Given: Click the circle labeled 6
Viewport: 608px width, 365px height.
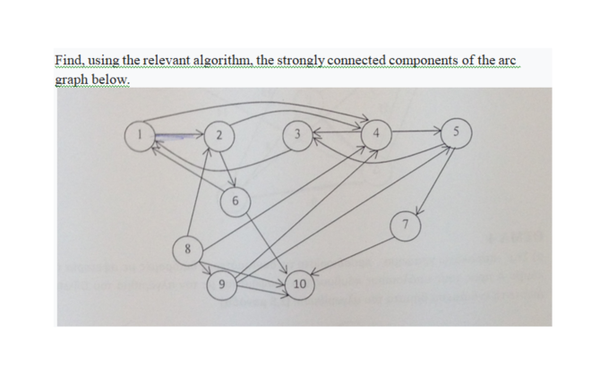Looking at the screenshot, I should coord(234,201).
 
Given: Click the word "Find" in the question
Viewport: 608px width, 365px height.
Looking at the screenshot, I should coord(67,60).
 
